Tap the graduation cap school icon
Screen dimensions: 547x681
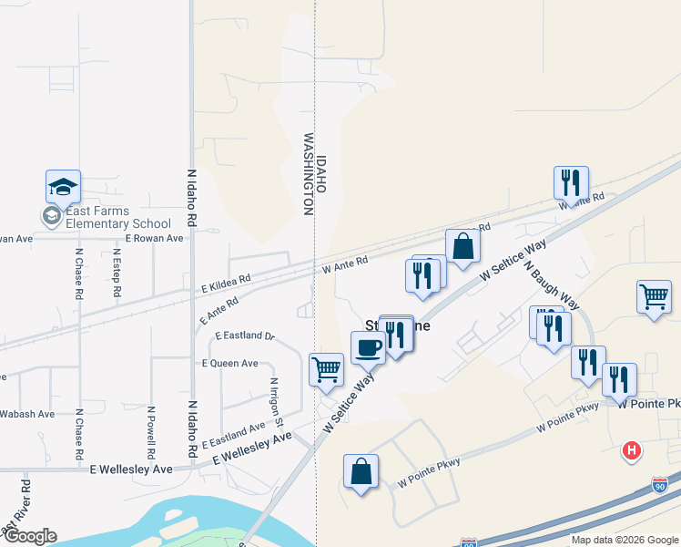(x=63, y=187)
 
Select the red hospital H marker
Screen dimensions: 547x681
(x=630, y=450)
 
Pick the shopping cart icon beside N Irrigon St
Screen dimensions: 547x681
(x=327, y=369)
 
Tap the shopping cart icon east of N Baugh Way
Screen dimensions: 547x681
(x=655, y=295)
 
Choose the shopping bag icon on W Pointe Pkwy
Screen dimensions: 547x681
(x=361, y=471)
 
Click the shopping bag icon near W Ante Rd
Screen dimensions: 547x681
(x=462, y=245)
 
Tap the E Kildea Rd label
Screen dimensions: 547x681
(x=226, y=284)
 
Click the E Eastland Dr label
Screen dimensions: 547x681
(x=245, y=335)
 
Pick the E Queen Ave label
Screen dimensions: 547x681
(x=229, y=363)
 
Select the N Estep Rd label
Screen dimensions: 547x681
(x=117, y=273)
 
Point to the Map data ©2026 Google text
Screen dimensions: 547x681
(x=625, y=540)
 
